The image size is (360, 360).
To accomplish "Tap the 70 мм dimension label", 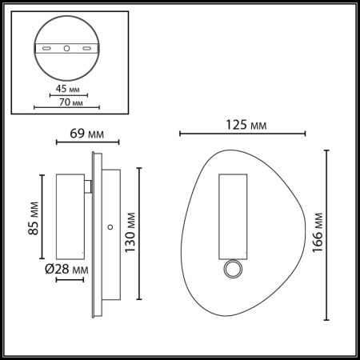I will [x=73, y=103].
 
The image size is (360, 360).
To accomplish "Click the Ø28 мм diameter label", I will [x=67, y=270].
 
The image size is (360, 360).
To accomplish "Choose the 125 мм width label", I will [x=244, y=126].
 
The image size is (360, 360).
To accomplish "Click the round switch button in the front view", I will [x=232, y=270].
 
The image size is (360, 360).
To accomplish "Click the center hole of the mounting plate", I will [x=66, y=49].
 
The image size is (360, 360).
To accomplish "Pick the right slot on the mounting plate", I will [x=83, y=49].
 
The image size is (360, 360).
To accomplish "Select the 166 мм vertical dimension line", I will [x=327, y=232].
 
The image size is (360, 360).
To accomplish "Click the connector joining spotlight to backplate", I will [x=89, y=187].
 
